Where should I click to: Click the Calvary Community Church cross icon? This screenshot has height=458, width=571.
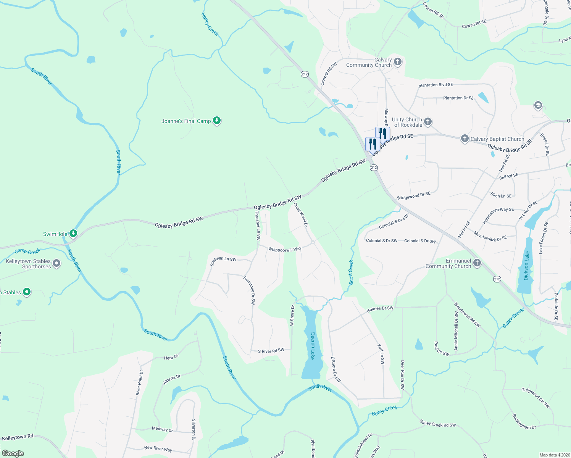tap(398, 62)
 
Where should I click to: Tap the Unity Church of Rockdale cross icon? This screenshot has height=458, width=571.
tap(428, 122)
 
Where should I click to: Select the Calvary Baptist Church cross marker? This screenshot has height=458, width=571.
tap(465, 139)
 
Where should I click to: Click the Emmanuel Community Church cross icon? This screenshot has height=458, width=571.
tap(477, 263)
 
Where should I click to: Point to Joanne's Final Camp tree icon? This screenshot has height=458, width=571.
tap(217, 121)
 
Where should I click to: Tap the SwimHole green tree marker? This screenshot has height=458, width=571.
tap(73, 234)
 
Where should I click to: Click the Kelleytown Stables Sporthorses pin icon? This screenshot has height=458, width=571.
tap(56, 263)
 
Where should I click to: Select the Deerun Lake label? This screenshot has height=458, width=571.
tap(313, 346)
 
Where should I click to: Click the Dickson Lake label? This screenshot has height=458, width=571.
tap(527, 266)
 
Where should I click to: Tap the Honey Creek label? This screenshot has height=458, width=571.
tap(210, 24)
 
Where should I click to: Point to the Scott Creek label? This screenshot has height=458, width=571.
tap(351, 272)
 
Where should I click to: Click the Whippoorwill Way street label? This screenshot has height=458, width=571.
tap(285, 249)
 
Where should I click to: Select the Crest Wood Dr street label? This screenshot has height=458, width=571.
tap(301, 214)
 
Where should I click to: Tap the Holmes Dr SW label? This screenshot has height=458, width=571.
tap(380, 309)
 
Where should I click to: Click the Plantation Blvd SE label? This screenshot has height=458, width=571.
tap(436, 85)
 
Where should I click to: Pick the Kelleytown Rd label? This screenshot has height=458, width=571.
tap(18, 437)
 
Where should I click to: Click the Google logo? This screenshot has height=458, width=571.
tap(13, 453)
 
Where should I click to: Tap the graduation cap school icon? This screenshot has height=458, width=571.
tap(538, 105)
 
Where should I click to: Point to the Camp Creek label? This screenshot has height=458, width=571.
tap(27, 251)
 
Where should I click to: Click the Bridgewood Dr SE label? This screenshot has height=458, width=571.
tap(414, 196)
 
